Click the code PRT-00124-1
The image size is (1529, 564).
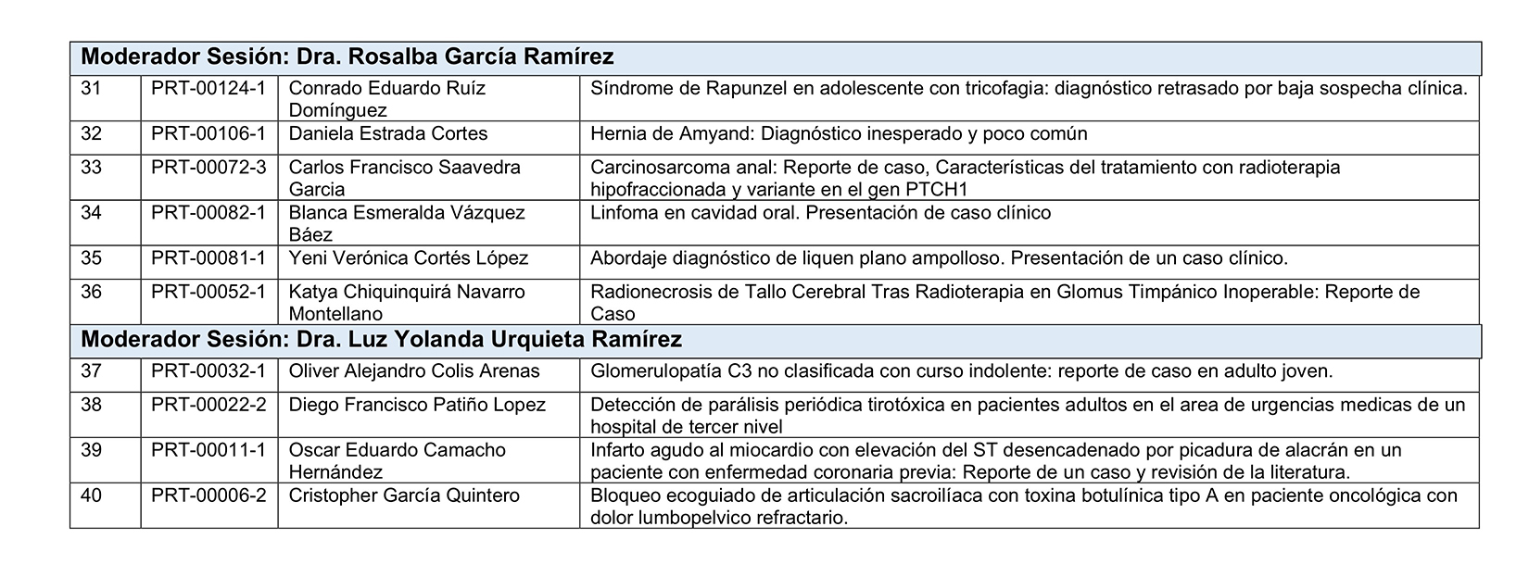click(208, 88)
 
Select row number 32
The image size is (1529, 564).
click(91, 133)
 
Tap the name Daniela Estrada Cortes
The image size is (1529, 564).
click(387, 133)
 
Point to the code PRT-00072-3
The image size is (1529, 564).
click(208, 168)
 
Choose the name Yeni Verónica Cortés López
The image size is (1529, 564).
click(408, 258)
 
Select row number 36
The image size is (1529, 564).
click(91, 292)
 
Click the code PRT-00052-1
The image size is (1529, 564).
click(208, 292)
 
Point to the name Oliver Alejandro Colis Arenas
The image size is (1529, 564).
click(413, 371)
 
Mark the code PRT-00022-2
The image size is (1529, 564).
click(208, 405)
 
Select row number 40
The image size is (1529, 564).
click(91, 495)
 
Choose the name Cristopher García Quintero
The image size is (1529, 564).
click(403, 495)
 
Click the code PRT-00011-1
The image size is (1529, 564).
click(208, 450)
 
